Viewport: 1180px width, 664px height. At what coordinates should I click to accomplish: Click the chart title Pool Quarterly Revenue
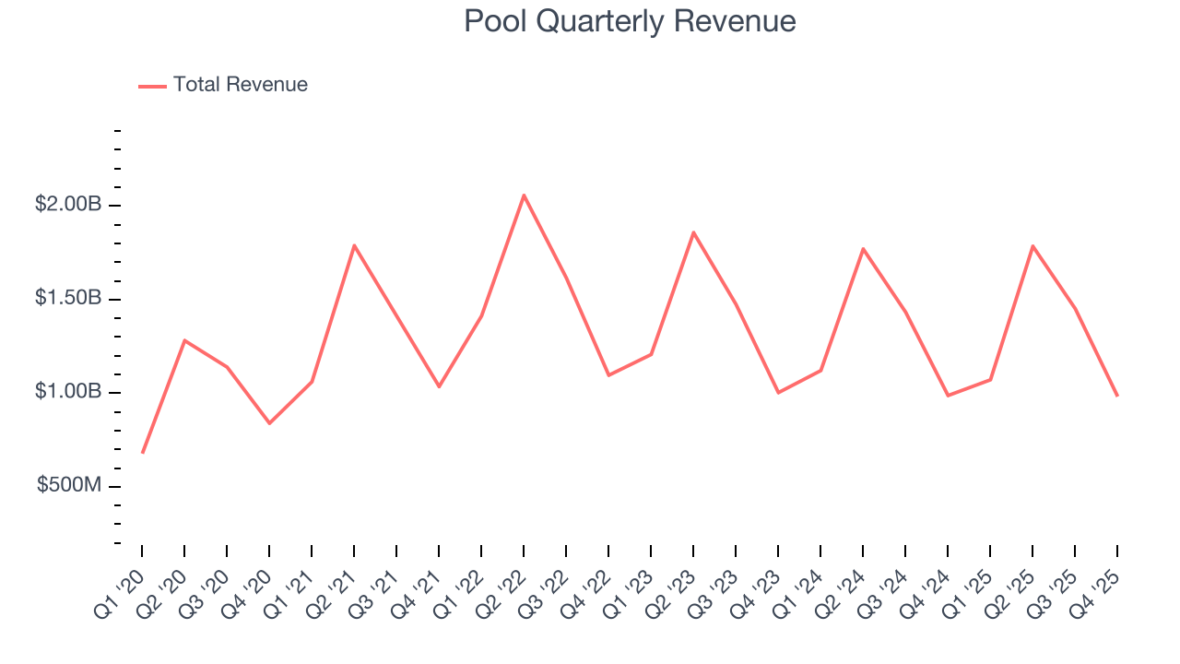630,21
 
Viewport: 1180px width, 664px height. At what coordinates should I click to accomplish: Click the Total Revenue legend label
240,85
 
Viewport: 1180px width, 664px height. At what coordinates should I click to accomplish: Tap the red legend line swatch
152,86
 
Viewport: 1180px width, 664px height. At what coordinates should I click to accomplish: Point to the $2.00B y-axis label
67,204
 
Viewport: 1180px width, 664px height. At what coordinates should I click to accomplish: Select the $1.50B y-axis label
67,298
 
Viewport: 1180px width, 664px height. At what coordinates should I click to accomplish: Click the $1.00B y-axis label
67,392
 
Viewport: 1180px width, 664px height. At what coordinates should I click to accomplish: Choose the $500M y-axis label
68,486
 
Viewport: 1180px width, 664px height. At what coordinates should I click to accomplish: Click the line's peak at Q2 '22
524,195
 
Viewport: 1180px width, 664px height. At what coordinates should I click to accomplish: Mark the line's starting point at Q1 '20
142,453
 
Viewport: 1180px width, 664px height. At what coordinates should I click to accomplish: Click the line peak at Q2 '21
354,245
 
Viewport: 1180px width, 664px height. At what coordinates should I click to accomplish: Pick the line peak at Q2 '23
693,232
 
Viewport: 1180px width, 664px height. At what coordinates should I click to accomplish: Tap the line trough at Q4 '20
269,423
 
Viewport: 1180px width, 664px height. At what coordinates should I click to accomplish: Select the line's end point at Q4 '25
1117,396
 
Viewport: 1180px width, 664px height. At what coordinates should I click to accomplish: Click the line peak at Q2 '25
1032,246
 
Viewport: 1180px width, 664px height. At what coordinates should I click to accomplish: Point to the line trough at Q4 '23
778,393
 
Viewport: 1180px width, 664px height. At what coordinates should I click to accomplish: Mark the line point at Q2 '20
184,340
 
